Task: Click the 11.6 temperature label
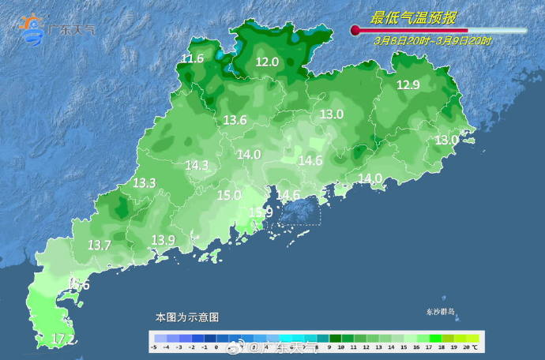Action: pyautogui.click(x=193, y=59)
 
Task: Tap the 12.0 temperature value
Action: pyautogui.click(x=267, y=62)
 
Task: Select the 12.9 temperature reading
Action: pyautogui.click(x=408, y=85)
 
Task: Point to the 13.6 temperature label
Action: pyautogui.click(x=235, y=120)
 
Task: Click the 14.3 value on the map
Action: pyautogui.click(x=197, y=165)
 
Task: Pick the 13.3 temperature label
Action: pyautogui.click(x=144, y=182)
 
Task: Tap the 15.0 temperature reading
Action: pyautogui.click(x=229, y=195)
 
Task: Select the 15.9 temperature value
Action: pyautogui.click(x=261, y=212)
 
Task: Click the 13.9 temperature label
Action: pyautogui.click(x=163, y=239)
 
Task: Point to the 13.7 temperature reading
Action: pyautogui.click(x=100, y=246)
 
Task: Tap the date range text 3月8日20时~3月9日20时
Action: pyautogui.click(x=433, y=40)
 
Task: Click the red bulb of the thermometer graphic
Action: pyautogui.click(x=355, y=31)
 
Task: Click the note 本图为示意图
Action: pyautogui.click(x=186, y=317)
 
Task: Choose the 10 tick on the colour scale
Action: pyautogui.click(x=340, y=347)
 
